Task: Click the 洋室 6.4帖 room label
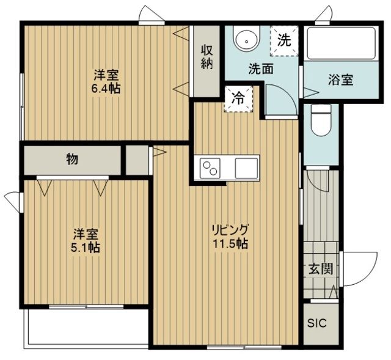pyautogui.click(x=106, y=81)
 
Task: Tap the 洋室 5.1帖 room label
pyautogui.click(x=87, y=241)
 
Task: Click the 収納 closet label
pyautogui.click(x=206, y=57)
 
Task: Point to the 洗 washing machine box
pyautogui.click(x=284, y=40)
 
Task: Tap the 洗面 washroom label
pyautogui.click(x=260, y=68)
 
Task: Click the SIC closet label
pyautogui.click(x=316, y=323)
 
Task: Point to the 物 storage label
pyautogui.click(x=71, y=160)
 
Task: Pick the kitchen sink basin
pyautogui.click(x=247, y=166)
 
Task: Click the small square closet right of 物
pyautogui.click(x=137, y=160)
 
